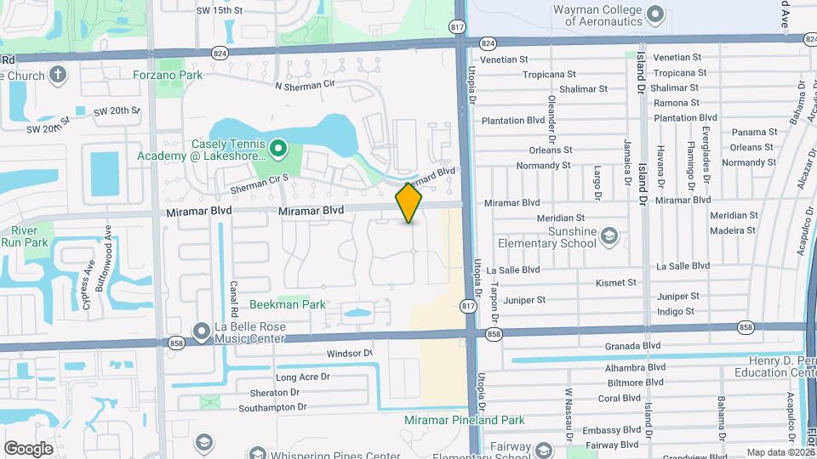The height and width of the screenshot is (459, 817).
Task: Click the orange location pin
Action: pyautogui.click(x=408, y=203)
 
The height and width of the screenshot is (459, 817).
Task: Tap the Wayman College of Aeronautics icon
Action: pyautogui.click(x=654, y=14)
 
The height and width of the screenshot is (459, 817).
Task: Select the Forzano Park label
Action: pyautogui.click(x=168, y=75)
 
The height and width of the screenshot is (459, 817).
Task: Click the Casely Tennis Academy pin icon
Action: pyautogui.click(x=277, y=150)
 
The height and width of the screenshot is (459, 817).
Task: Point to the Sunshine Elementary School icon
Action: pyautogui.click(x=608, y=235)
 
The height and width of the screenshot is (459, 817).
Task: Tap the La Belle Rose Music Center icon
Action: pyautogui.click(x=202, y=329)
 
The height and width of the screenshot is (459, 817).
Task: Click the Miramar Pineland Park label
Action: pyautogui.click(x=477, y=420)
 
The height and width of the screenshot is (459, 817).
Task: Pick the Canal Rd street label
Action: pyautogui.click(x=232, y=297)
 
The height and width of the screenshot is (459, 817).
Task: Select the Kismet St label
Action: pyautogui.click(x=616, y=283)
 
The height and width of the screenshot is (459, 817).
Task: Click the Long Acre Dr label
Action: pyautogui.click(x=302, y=377)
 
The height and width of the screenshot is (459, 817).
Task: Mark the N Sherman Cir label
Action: pyautogui.click(x=306, y=85)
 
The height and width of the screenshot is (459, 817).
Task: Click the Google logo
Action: pyautogui.click(x=28, y=448)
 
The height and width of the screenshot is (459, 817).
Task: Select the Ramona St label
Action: pyautogui.click(x=677, y=103)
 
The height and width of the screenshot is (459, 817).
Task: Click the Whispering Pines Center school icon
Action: pyautogui.click(x=203, y=442)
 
